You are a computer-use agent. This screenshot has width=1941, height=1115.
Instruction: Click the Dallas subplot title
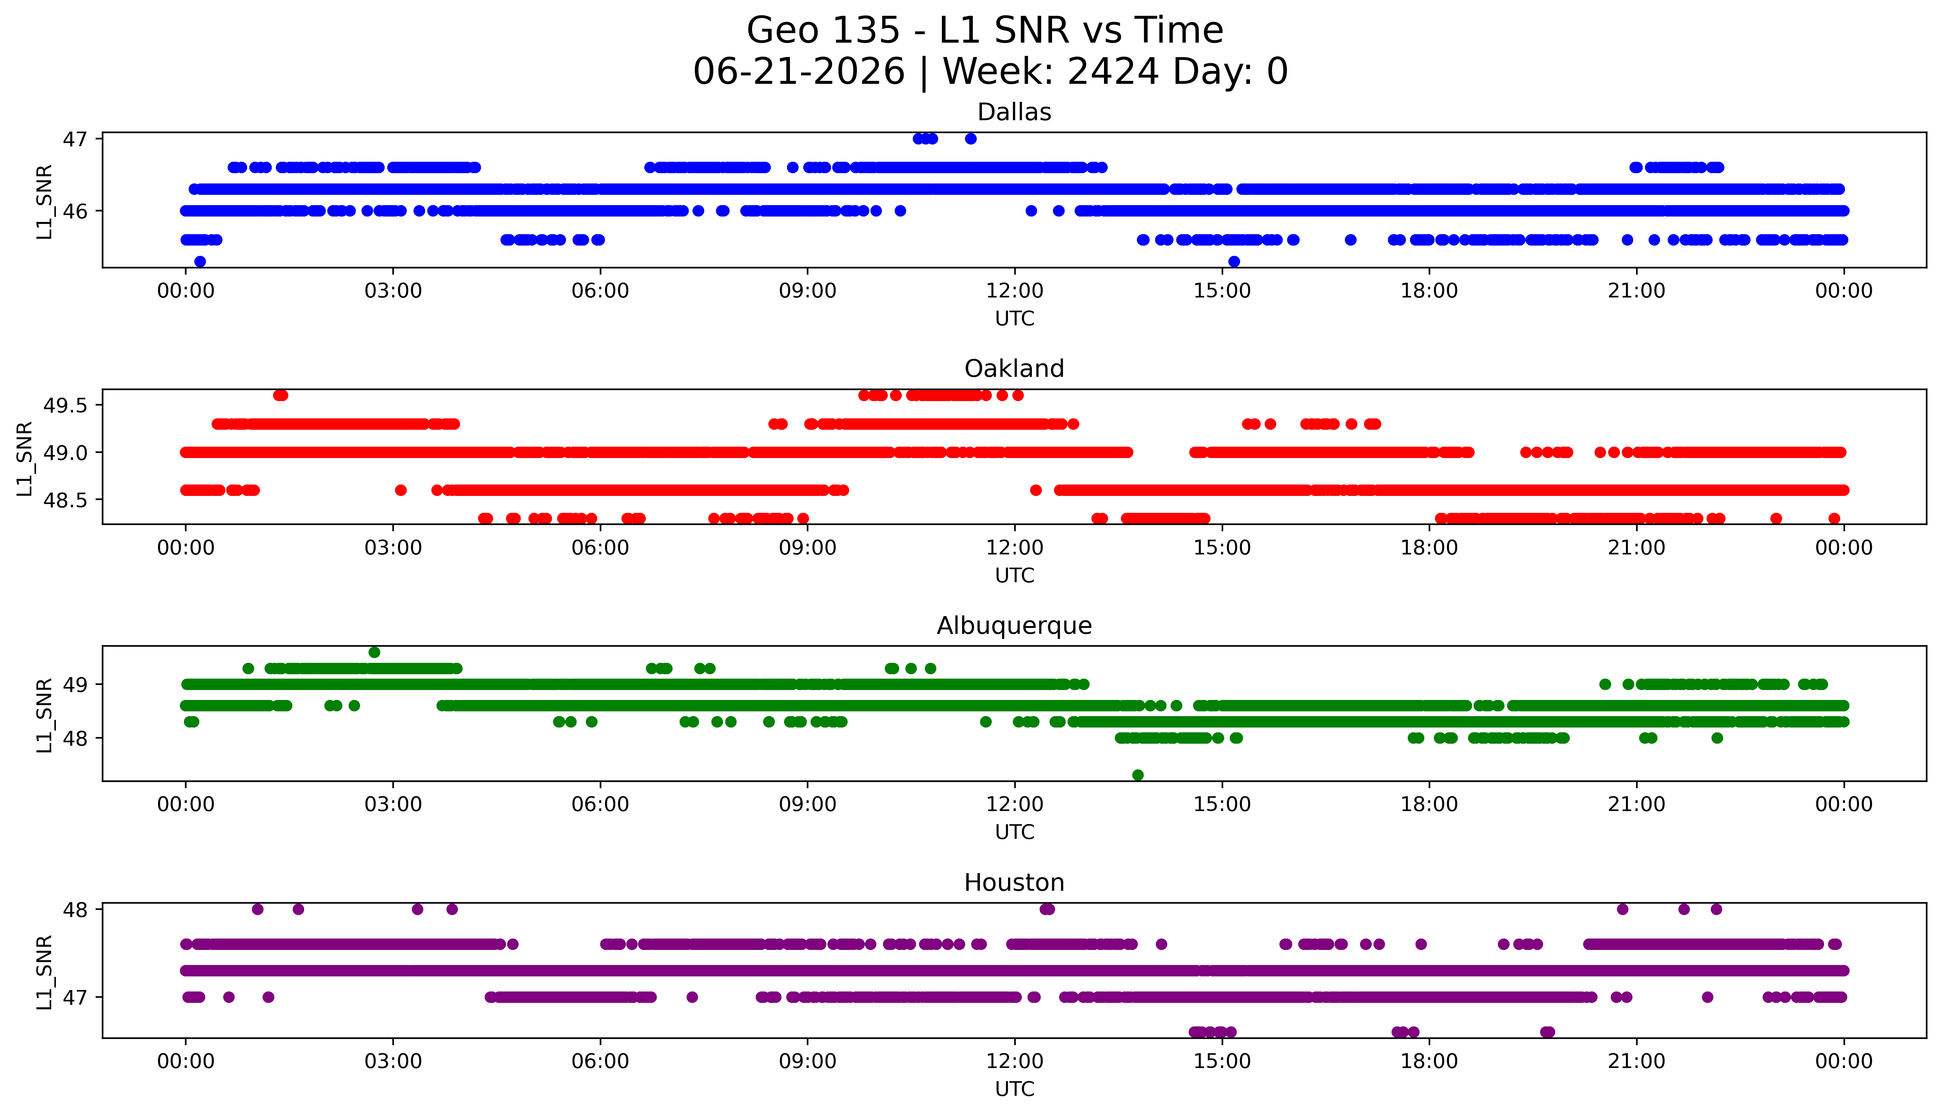[x=1014, y=112]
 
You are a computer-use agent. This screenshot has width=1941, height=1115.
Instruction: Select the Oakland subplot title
[x=1014, y=369]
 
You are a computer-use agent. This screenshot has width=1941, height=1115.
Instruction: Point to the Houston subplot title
[x=1014, y=883]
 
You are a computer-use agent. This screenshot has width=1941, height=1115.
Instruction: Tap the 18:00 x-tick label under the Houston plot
[x=1429, y=1061]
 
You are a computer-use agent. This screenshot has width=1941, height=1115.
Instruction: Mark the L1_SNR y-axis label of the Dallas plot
[x=44, y=201]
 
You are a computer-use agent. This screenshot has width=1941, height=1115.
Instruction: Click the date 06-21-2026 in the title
[x=799, y=72]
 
